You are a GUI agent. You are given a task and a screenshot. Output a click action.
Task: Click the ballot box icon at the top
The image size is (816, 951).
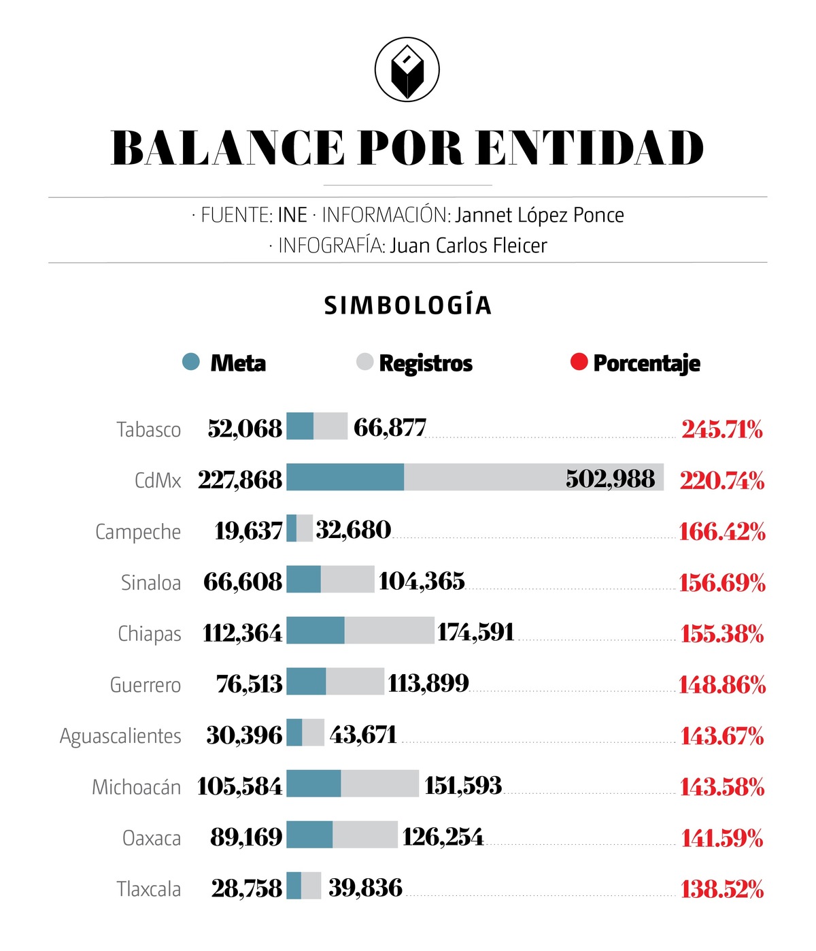click(407, 69)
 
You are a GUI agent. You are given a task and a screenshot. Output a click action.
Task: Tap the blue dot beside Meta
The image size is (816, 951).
click(191, 362)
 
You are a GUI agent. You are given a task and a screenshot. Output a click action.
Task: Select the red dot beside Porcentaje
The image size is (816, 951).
click(579, 362)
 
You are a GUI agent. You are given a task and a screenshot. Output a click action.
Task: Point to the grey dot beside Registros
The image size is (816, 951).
click(365, 362)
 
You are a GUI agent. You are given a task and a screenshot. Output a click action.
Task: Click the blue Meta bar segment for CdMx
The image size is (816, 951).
click(345, 477)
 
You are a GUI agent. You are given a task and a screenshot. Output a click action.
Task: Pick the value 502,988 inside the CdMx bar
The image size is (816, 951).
click(610, 478)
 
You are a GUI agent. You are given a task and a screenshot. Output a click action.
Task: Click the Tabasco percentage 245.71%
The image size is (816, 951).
click(722, 429)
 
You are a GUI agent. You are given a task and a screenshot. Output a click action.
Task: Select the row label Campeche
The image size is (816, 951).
click(138, 531)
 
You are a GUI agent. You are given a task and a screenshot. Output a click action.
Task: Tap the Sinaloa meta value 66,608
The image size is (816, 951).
click(243, 582)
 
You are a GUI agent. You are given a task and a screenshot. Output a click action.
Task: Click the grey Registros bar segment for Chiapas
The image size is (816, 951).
click(389, 630)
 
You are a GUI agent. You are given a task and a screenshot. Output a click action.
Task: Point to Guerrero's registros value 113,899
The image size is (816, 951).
click(428, 683)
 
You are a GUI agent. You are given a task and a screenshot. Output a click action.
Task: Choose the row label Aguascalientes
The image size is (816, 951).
click(120, 736)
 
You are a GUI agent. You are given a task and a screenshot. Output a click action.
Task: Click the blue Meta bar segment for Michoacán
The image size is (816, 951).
click(313, 783)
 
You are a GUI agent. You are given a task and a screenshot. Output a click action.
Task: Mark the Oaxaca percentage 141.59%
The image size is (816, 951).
click(722, 838)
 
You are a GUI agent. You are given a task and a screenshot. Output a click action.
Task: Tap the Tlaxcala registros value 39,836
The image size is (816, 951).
click(365, 888)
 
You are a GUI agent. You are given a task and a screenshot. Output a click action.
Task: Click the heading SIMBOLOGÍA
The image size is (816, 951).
click(407, 305)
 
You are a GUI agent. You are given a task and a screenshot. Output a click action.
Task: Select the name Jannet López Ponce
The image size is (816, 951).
click(539, 215)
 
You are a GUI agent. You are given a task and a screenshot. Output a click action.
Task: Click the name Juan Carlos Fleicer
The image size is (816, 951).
click(469, 246)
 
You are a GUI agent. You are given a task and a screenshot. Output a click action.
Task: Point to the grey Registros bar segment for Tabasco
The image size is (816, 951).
click(330, 426)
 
